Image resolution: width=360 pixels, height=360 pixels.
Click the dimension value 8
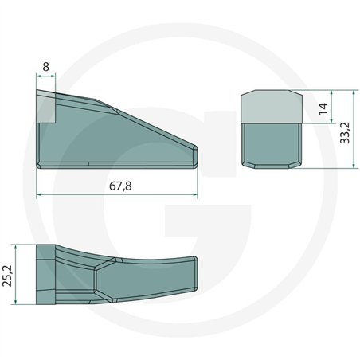[45, 67]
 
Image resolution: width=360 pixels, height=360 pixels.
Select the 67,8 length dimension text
[120, 186]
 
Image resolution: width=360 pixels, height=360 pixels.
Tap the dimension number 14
[323, 108]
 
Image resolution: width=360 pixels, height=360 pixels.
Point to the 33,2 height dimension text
[345, 133]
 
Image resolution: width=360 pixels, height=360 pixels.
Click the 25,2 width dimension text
[7, 276]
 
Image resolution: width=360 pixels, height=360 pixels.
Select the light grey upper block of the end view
[272, 107]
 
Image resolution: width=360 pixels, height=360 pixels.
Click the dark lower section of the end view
[272, 146]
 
